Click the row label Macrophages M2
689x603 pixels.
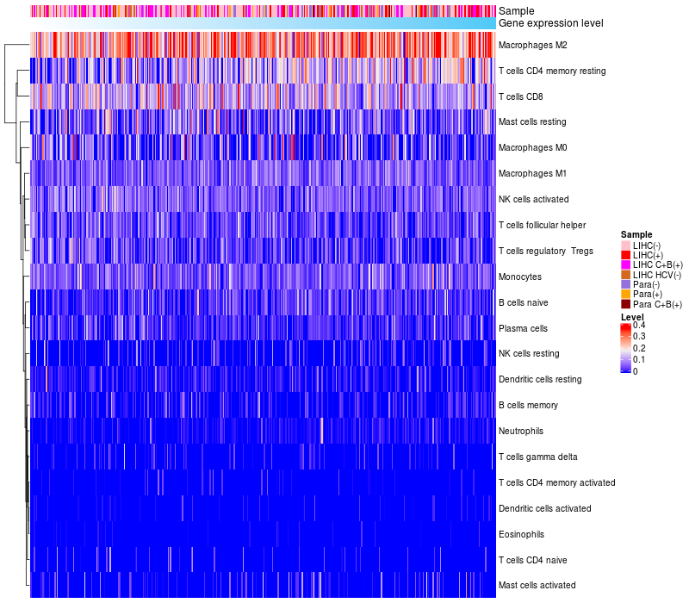click(x=532, y=46)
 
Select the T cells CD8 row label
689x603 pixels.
click(x=521, y=96)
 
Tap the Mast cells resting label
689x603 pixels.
click(x=532, y=121)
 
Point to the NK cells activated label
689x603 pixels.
click(x=533, y=200)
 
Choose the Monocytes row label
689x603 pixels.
click(x=520, y=277)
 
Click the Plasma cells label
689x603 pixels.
click(x=523, y=329)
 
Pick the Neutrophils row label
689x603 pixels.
click(x=521, y=432)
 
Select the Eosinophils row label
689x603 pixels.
click(x=521, y=534)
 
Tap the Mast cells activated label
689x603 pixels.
click(x=537, y=586)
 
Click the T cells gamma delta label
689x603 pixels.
click(x=537, y=457)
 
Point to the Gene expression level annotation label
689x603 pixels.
click(x=551, y=23)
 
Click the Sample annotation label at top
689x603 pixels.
click(x=516, y=11)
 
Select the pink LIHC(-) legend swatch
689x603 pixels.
click(x=626, y=246)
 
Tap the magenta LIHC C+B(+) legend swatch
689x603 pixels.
click(x=626, y=265)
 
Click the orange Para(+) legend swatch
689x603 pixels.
click(x=626, y=295)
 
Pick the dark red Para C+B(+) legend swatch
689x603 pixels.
click(x=626, y=304)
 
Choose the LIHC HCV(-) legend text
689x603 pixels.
click(x=657, y=275)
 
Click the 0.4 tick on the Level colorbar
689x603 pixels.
click(x=639, y=326)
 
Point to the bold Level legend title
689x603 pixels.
click(x=632, y=317)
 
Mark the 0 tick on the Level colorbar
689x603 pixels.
click(x=636, y=371)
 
